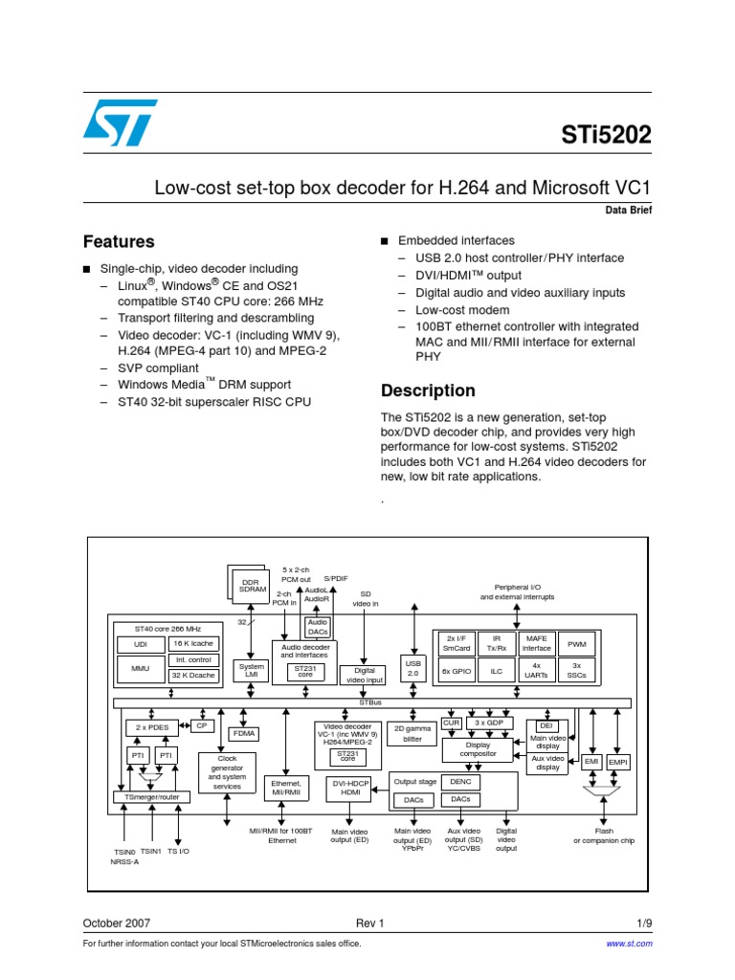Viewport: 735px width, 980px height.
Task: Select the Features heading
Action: pyautogui.click(x=119, y=242)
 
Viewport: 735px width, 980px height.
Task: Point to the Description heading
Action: pyautogui.click(x=428, y=390)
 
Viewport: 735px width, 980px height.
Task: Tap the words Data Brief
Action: pyautogui.click(x=628, y=210)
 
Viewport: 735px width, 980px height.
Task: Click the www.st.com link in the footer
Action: pyautogui.click(x=631, y=944)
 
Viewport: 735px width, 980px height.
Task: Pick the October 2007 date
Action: pyautogui.click(x=116, y=924)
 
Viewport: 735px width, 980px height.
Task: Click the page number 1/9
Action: pyautogui.click(x=644, y=924)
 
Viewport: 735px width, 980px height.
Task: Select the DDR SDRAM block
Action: pyautogui.click(x=252, y=586)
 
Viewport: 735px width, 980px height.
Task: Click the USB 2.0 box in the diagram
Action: pyautogui.click(x=413, y=667)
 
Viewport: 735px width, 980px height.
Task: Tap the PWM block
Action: pyautogui.click(x=576, y=644)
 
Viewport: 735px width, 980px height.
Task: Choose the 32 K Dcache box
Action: pyautogui.click(x=192, y=676)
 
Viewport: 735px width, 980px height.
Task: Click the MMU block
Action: pyautogui.click(x=141, y=669)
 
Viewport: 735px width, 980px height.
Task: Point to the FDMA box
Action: pyautogui.click(x=243, y=733)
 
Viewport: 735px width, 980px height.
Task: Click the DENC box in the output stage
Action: pyautogui.click(x=460, y=782)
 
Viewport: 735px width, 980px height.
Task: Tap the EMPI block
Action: pyautogui.click(x=618, y=762)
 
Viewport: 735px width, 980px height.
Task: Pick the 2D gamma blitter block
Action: pyautogui.click(x=412, y=733)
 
